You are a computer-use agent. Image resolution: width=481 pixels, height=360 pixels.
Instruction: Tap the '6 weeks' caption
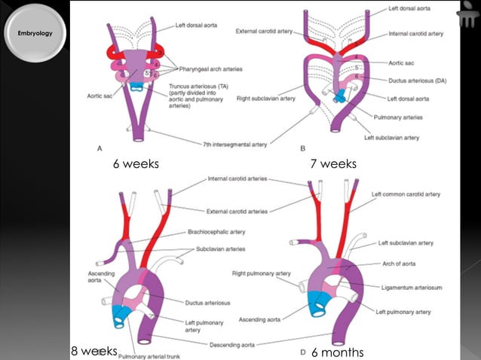tap(136, 163)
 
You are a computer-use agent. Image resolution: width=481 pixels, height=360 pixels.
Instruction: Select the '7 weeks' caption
tap(332, 163)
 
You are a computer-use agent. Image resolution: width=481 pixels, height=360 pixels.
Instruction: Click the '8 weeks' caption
tap(94, 351)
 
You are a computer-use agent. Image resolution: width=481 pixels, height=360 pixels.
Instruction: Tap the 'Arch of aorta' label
tap(404, 264)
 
